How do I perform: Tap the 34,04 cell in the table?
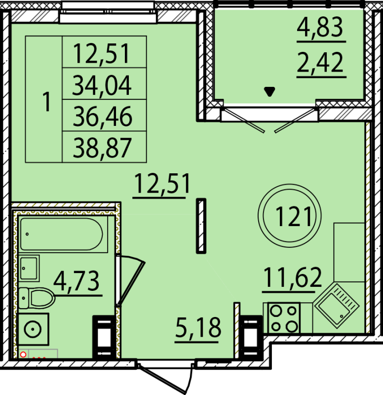click(x=102, y=85)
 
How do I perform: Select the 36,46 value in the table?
click(x=102, y=117)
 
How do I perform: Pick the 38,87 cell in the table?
click(x=102, y=147)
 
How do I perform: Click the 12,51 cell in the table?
click(x=102, y=53)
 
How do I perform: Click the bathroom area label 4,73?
click(x=77, y=282)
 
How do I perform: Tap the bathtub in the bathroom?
click(x=61, y=235)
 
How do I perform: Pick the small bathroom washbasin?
click(x=30, y=268)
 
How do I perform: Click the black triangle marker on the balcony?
click(x=269, y=91)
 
